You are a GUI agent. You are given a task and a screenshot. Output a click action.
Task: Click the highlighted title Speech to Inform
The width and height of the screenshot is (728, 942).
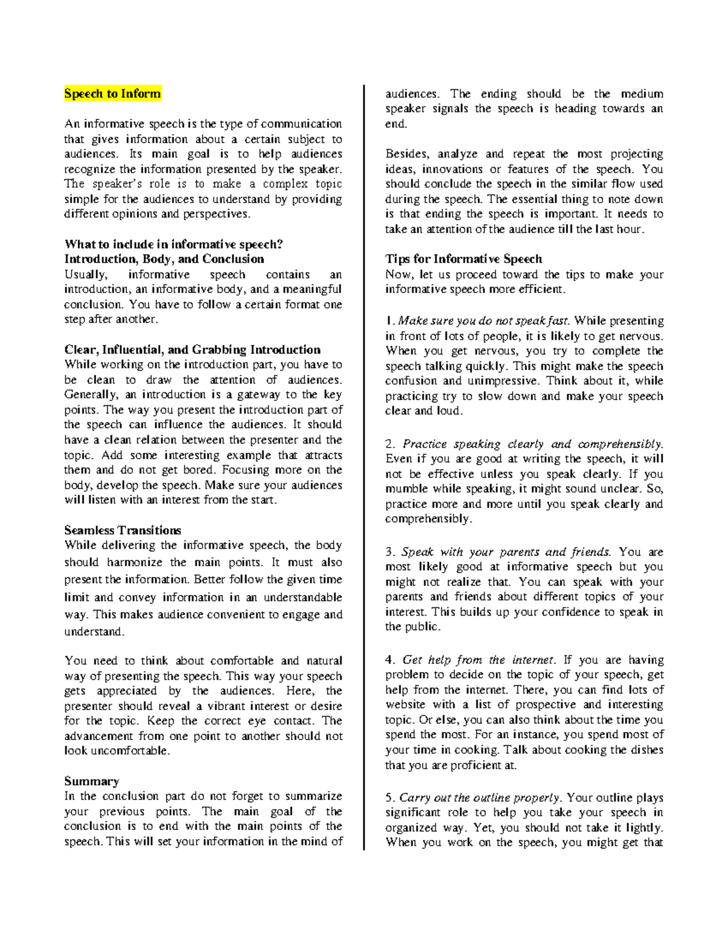[112, 93]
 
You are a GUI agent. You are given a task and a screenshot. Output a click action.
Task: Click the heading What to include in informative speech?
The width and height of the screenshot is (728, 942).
[174, 244]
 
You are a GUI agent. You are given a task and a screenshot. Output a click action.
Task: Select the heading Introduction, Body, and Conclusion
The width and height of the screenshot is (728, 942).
[164, 259]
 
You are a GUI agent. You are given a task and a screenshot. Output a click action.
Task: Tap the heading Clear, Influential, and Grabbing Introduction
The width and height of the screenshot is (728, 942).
[192, 349]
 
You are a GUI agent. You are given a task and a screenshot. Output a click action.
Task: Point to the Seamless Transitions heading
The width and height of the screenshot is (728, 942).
[123, 530]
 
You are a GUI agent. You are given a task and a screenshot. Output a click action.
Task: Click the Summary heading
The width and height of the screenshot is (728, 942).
[92, 781]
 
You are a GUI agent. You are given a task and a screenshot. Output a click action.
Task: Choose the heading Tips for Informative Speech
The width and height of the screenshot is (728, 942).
[463, 259]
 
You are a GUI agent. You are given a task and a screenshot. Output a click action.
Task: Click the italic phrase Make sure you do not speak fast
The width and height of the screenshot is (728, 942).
[484, 321]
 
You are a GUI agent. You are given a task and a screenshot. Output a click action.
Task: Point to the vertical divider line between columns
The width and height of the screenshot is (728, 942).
[364, 467]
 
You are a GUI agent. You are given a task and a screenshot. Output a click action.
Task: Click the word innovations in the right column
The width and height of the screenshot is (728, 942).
[453, 169]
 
